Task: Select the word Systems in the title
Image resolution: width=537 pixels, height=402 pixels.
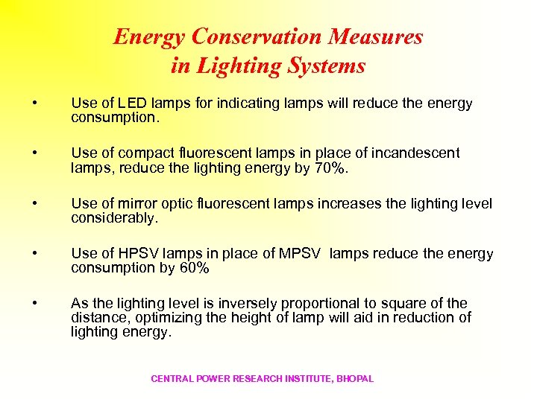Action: (327, 66)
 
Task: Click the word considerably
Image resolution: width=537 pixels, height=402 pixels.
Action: (113, 219)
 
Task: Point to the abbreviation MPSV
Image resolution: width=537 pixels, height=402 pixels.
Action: (296, 254)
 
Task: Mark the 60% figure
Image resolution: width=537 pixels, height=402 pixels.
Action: (195, 269)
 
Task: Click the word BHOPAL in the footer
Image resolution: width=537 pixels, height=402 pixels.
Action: (355, 379)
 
